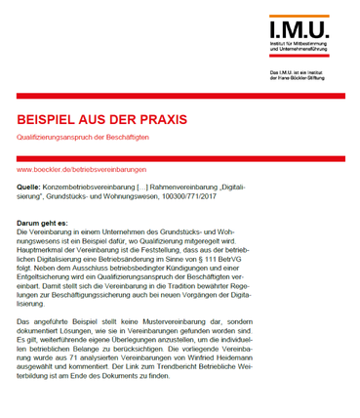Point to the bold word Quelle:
[30, 186]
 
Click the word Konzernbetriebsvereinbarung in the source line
[92, 186]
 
